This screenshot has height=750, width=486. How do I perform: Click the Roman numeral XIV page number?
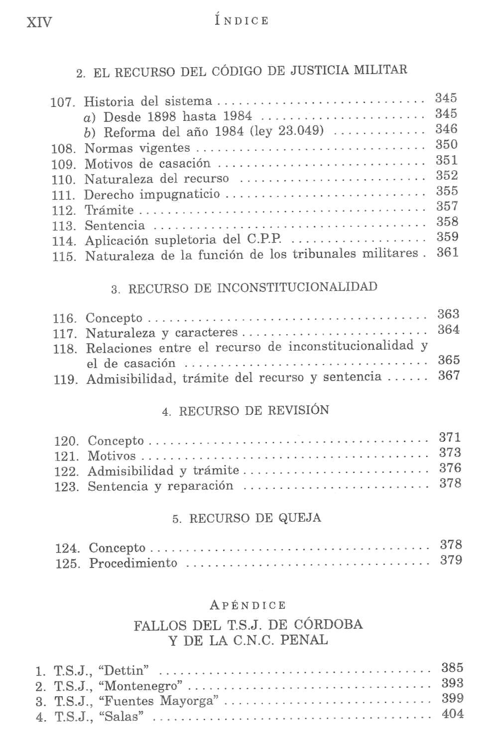(x=39, y=22)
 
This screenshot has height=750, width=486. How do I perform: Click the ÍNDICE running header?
(x=242, y=20)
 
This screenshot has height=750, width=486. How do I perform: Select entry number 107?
(x=63, y=102)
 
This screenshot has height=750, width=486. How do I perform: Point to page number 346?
(x=446, y=129)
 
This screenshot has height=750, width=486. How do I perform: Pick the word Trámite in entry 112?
(x=109, y=210)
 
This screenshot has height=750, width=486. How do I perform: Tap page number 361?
(x=447, y=253)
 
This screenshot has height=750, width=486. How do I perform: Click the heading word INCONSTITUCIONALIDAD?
(x=297, y=287)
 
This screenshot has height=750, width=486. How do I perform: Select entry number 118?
(x=65, y=349)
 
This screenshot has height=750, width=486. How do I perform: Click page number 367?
(x=449, y=375)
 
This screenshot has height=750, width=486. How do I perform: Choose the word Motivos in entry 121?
(x=112, y=456)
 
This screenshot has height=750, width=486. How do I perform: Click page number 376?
(x=450, y=468)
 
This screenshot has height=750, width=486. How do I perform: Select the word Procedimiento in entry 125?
(x=133, y=563)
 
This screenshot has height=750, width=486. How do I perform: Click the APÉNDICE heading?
(x=248, y=605)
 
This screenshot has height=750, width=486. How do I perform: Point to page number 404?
(x=452, y=714)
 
